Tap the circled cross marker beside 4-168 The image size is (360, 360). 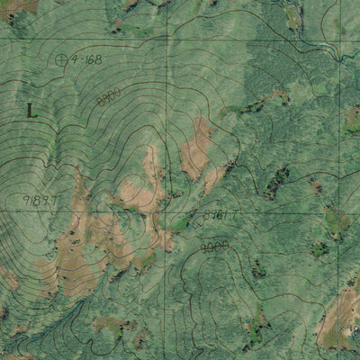61,60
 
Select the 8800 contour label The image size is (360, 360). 109,97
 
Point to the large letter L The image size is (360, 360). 31,111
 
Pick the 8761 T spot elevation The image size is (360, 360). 220,215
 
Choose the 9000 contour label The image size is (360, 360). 214,245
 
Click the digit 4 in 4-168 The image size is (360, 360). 74,60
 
